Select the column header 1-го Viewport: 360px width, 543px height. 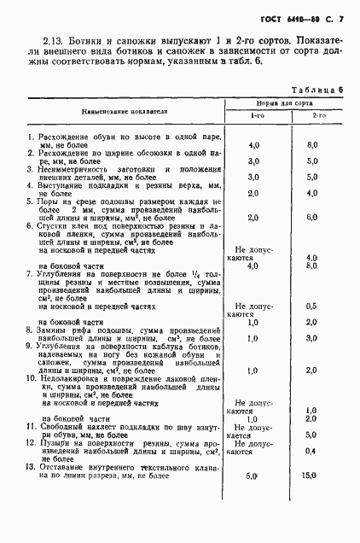(257, 115)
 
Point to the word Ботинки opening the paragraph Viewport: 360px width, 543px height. (90, 39)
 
